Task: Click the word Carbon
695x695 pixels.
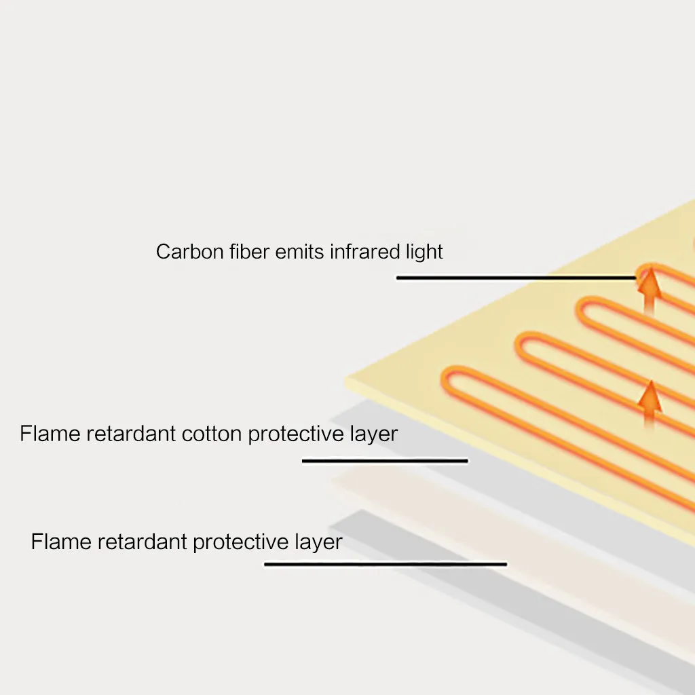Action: (x=190, y=252)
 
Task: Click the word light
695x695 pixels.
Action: (x=424, y=252)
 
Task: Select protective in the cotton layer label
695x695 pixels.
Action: (x=296, y=434)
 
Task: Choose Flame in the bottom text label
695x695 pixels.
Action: (x=61, y=541)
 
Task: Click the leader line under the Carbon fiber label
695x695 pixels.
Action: (x=516, y=278)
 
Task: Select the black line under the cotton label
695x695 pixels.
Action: (x=385, y=461)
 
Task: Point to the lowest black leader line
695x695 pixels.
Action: (x=386, y=564)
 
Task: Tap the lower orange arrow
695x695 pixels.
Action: (x=650, y=405)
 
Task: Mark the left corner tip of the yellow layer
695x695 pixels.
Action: (x=345, y=379)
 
